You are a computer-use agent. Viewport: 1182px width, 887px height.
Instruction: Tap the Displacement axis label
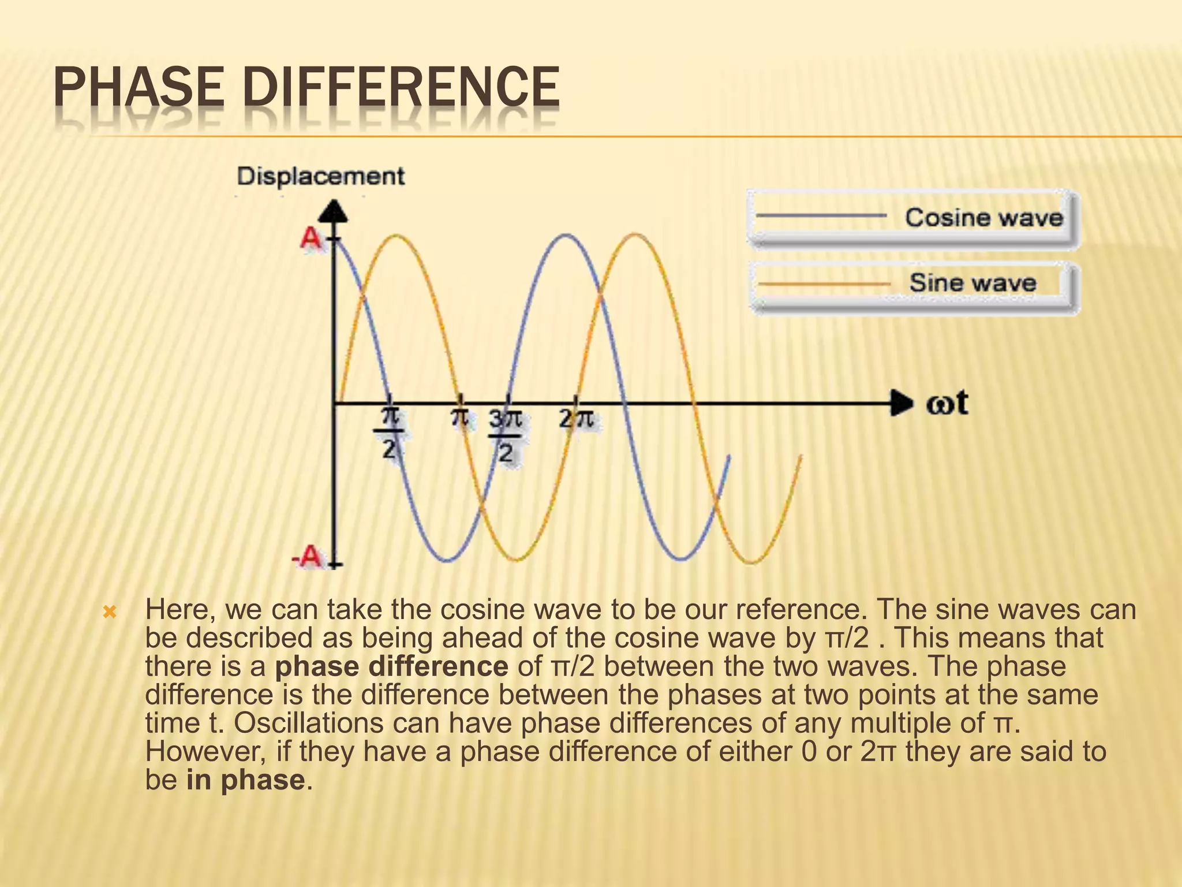click(321, 176)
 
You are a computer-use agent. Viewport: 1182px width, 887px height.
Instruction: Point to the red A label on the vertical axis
click(311, 238)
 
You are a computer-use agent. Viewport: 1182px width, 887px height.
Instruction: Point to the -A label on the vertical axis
click(307, 557)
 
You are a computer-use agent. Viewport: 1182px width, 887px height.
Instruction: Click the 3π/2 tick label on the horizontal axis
click(506, 435)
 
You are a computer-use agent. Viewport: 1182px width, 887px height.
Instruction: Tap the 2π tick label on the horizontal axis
click(576, 419)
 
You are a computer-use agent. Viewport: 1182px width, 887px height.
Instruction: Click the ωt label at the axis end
click(947, 402)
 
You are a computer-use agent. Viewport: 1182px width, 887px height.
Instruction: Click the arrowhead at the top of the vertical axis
click(334, 211)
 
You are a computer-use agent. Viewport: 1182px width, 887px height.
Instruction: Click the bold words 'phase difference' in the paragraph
click(391, 666)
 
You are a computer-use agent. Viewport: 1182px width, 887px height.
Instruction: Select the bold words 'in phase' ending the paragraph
click(245, 780)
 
